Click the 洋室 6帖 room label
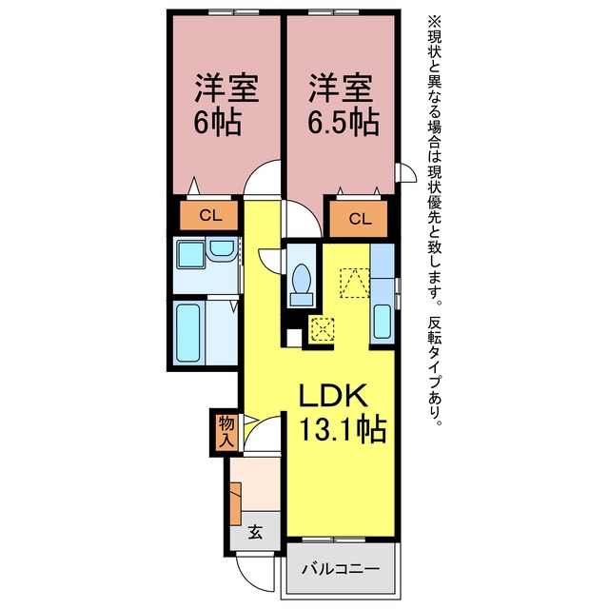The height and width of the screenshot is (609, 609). [x=226, y=104]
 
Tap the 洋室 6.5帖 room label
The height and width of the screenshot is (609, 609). [x=344, y=104]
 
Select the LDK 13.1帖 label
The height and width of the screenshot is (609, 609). [x=342, y=412]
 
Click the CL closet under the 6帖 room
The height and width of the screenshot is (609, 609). [x=208, y=215]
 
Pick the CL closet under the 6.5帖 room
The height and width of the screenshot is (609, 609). [x=359, y=219]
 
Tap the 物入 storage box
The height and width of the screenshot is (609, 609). [x=226, y=431]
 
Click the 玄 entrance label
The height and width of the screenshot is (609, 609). [x=255, y=532]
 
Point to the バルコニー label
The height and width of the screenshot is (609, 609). [x=341, y=569]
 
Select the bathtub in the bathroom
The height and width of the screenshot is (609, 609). [x=188, y=333]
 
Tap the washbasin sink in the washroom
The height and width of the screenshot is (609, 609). [x=222, y=249]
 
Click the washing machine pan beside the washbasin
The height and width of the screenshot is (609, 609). [x=190, y=254]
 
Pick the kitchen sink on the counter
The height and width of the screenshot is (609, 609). [x=383, y=322]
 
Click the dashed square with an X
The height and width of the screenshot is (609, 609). [x=322, y=329]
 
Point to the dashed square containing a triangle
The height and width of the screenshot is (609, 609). [x=355, y=283]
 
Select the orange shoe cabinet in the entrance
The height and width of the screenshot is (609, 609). [x=236, y=504]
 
